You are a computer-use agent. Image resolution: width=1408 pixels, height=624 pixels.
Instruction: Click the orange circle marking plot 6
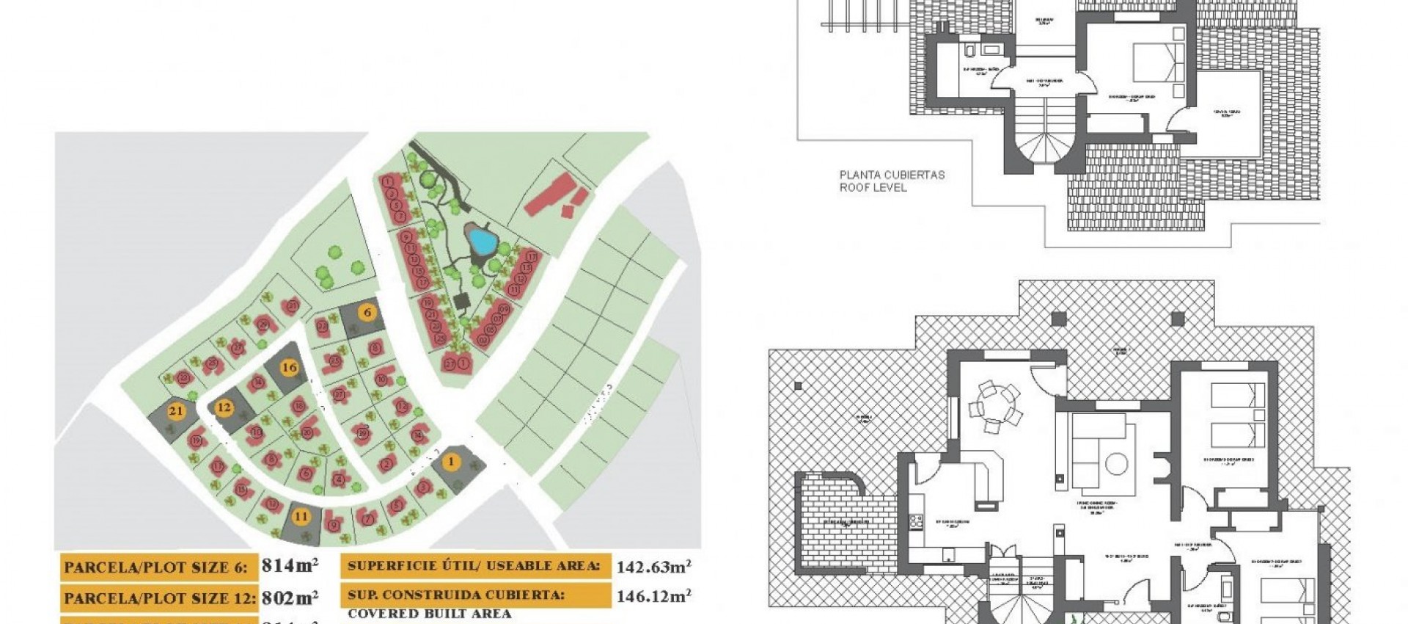click(x=367, y=312)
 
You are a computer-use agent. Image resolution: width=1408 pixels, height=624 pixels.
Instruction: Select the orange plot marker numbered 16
click(x=290, y=368)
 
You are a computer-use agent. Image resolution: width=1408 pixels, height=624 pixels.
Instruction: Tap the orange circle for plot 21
click(x=176, y=411)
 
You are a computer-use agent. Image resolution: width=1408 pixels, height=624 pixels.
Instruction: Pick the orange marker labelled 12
click(x=224, y=407)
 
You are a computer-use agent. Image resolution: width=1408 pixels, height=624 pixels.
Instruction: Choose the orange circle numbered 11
click(x=301, y=516)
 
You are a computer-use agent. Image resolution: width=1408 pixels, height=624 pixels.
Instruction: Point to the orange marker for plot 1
click(x=451, y=462)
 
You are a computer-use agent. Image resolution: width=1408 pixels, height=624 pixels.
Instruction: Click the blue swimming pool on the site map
click(x=482, y=239)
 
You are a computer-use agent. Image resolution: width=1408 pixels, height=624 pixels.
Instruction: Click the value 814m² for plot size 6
click(x=290, y=566)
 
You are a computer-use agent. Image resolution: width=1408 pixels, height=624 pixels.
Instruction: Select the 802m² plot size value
click(x=290, y=598)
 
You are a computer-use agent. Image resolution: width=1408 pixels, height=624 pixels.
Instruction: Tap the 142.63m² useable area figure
click(x=653, y=567)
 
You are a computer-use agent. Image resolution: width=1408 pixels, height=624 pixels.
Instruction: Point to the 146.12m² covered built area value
click(x=653, y=596)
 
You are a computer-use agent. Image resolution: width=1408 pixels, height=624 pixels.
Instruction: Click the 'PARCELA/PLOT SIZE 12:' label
click(x=159, y=598)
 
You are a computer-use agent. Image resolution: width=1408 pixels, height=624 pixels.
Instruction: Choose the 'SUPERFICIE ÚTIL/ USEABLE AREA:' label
click(x=474, y=566)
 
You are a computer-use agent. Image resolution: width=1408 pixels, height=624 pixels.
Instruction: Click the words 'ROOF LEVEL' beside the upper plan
click(x=873, y=188)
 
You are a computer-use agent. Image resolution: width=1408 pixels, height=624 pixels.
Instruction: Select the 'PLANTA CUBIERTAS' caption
click(x=892, y=175)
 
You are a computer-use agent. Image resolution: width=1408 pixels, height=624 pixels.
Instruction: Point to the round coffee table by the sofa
click(x=1116, y=464)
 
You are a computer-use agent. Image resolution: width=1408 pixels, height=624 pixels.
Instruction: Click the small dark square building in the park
click(x=462, y=301)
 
